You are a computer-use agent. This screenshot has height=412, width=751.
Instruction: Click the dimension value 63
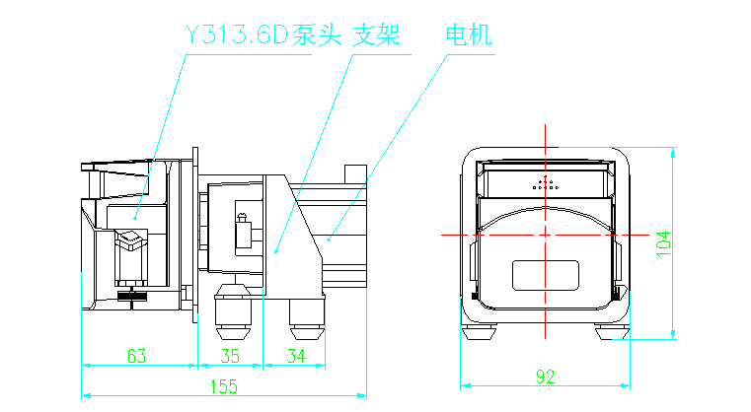coord(138,355)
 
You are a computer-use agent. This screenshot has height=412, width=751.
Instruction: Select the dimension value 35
coord(230,355)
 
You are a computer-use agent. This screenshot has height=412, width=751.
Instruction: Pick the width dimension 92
coord(545,376)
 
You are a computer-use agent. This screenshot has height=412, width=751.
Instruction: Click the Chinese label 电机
coord(468,36)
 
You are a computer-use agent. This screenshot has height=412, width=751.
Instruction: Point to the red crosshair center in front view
coord(546,235)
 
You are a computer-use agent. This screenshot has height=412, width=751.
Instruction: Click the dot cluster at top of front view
coord(545,183)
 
